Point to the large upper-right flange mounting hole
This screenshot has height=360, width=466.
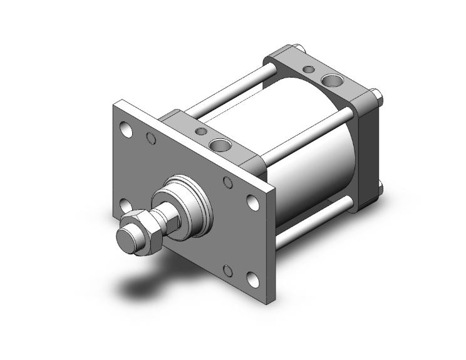pyautogui.click(x=252, y=202)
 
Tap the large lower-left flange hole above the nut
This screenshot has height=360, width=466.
pyautogui.click(x=125, y=206)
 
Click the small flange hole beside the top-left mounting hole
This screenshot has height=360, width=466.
pyautogui.click(x=150, y=138)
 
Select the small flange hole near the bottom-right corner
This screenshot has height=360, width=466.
pyautogui.click(x=229, y=271)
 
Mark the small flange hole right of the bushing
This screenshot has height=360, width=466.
pyautogui.click(x=228, y=182)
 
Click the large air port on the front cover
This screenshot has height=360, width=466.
pyautogui.click(x=220, y=146)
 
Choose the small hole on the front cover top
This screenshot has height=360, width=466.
pyautogui.click(x=200, y=131)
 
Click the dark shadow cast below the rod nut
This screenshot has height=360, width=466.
pyautogui.click(x=147, y=285)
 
